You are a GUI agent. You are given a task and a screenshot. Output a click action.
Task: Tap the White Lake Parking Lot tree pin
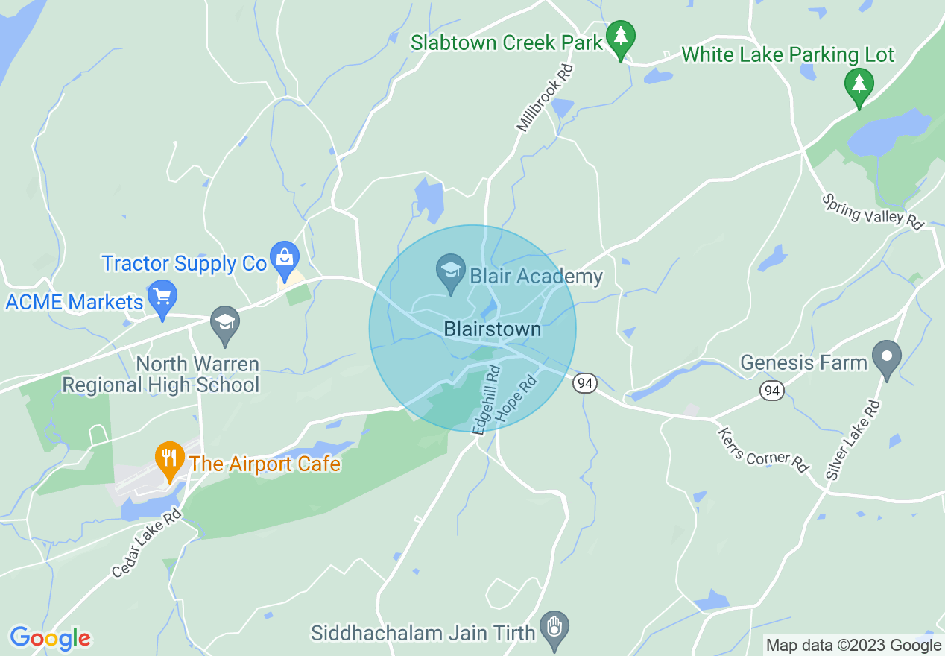coord(859,84)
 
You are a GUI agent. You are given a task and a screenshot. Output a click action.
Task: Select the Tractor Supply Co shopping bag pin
coord(284,258)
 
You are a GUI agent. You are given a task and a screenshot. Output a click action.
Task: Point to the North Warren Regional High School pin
coord(224,323)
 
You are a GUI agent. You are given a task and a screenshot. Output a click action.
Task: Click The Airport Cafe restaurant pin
coord(170,458)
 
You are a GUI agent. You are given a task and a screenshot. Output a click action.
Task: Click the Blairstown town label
coord(492,329)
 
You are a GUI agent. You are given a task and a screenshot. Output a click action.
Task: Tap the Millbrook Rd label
coord(546,98)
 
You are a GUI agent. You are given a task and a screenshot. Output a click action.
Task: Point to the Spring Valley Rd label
coord(873,210)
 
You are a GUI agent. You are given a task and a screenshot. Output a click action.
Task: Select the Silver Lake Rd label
coord(853,440)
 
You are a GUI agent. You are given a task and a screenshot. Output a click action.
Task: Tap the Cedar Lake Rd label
coord(147,544)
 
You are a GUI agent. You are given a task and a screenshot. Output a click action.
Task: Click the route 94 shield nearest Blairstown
coord(585,383)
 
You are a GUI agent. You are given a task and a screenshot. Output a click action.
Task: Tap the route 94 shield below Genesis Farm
coord(772,389)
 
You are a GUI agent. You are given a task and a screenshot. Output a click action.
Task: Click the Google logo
coord(50,638)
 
